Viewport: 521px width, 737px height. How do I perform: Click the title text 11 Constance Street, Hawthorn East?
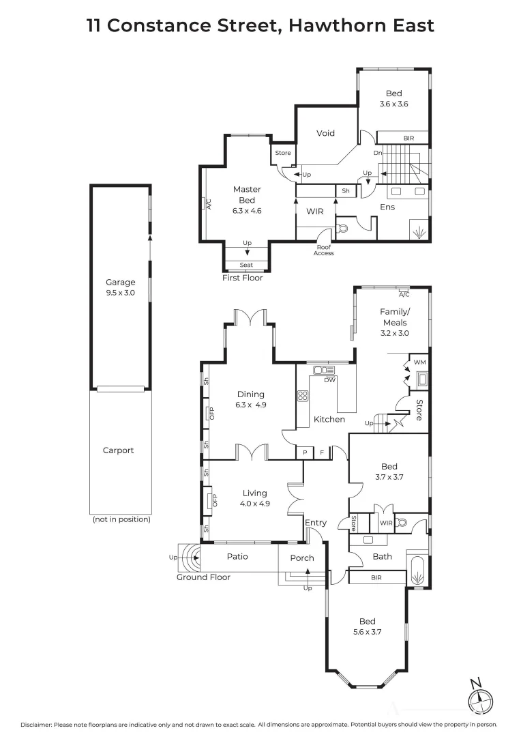pyautogui.click(x=260, y=26)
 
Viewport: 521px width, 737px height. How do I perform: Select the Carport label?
pyautogui.click(x=118, y=450)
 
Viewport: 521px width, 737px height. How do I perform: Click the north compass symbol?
pyautogui.click(x=480, y=697)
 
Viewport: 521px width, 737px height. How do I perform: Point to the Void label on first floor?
pyautogui.click(x=325, y=133)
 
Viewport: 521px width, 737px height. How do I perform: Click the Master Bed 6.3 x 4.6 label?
pyautogui.click(x=247, y=200)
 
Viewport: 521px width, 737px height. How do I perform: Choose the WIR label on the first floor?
pyautogui.click(x=314, y=212)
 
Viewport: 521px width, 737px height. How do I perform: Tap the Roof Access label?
pyautogui.click(x=323, y=250)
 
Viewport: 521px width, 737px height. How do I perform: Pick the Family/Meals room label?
pyautogui.click(x=394, y=322)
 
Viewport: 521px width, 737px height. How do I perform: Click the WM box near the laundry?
pyautogui.click(x=419, y=362)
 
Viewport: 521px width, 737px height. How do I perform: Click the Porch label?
pyautogui.click(x=302, y=558)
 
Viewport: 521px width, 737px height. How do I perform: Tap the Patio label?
pyautogui.click(x=237, y=556)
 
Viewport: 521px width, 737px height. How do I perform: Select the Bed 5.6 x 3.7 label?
pyautogui.click(x=367, y=626)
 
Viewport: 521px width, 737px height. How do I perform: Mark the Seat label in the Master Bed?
pyautogui.click(x=246, y=265)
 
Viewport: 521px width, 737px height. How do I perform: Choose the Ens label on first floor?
pyautogui.click(x=387, y=207)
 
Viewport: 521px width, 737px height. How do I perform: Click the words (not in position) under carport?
pyautogui.click(x=120, y=520)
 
